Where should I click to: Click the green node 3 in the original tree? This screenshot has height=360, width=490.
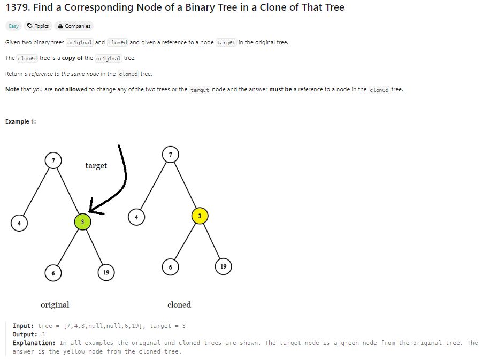pos(82,221)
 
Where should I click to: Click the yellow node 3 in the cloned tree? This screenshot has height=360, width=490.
pos(199,216)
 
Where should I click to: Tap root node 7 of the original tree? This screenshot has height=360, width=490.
pos(53,160)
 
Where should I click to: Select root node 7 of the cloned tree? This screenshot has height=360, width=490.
pos(170,154)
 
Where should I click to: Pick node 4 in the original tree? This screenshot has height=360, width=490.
pos(19,223)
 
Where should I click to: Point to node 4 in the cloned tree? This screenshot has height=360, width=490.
pos(136,217)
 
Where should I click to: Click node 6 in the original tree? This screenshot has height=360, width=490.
pos(53,272)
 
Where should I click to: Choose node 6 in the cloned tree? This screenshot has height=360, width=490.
pos(170,266)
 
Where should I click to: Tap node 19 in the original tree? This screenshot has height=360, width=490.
pos(106,272)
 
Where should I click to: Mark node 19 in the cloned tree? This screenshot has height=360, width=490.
pos(223,266)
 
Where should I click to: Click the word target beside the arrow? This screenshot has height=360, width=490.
pos(96,166)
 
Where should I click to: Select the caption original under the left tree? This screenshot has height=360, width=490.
pos(55,305)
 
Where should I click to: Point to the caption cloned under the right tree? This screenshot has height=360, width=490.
pos(179,305)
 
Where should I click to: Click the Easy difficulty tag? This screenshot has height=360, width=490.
pos(13,26)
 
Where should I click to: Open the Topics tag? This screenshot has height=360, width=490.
pos(38,26)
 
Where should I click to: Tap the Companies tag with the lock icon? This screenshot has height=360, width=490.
pos(74,26)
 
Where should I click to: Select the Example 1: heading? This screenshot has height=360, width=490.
pos(21,121)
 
